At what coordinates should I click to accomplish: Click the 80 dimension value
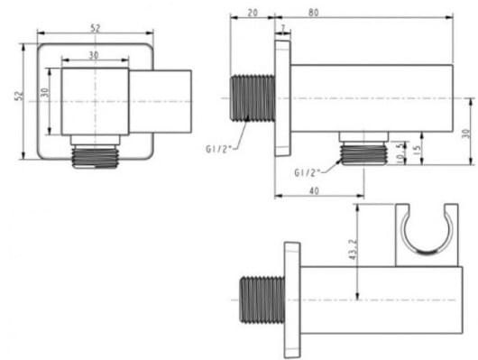363,13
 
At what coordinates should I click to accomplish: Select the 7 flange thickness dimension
283,30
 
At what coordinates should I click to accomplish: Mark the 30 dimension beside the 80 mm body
466,133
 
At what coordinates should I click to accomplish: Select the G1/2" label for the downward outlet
308,171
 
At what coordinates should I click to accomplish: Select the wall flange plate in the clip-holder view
291,298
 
